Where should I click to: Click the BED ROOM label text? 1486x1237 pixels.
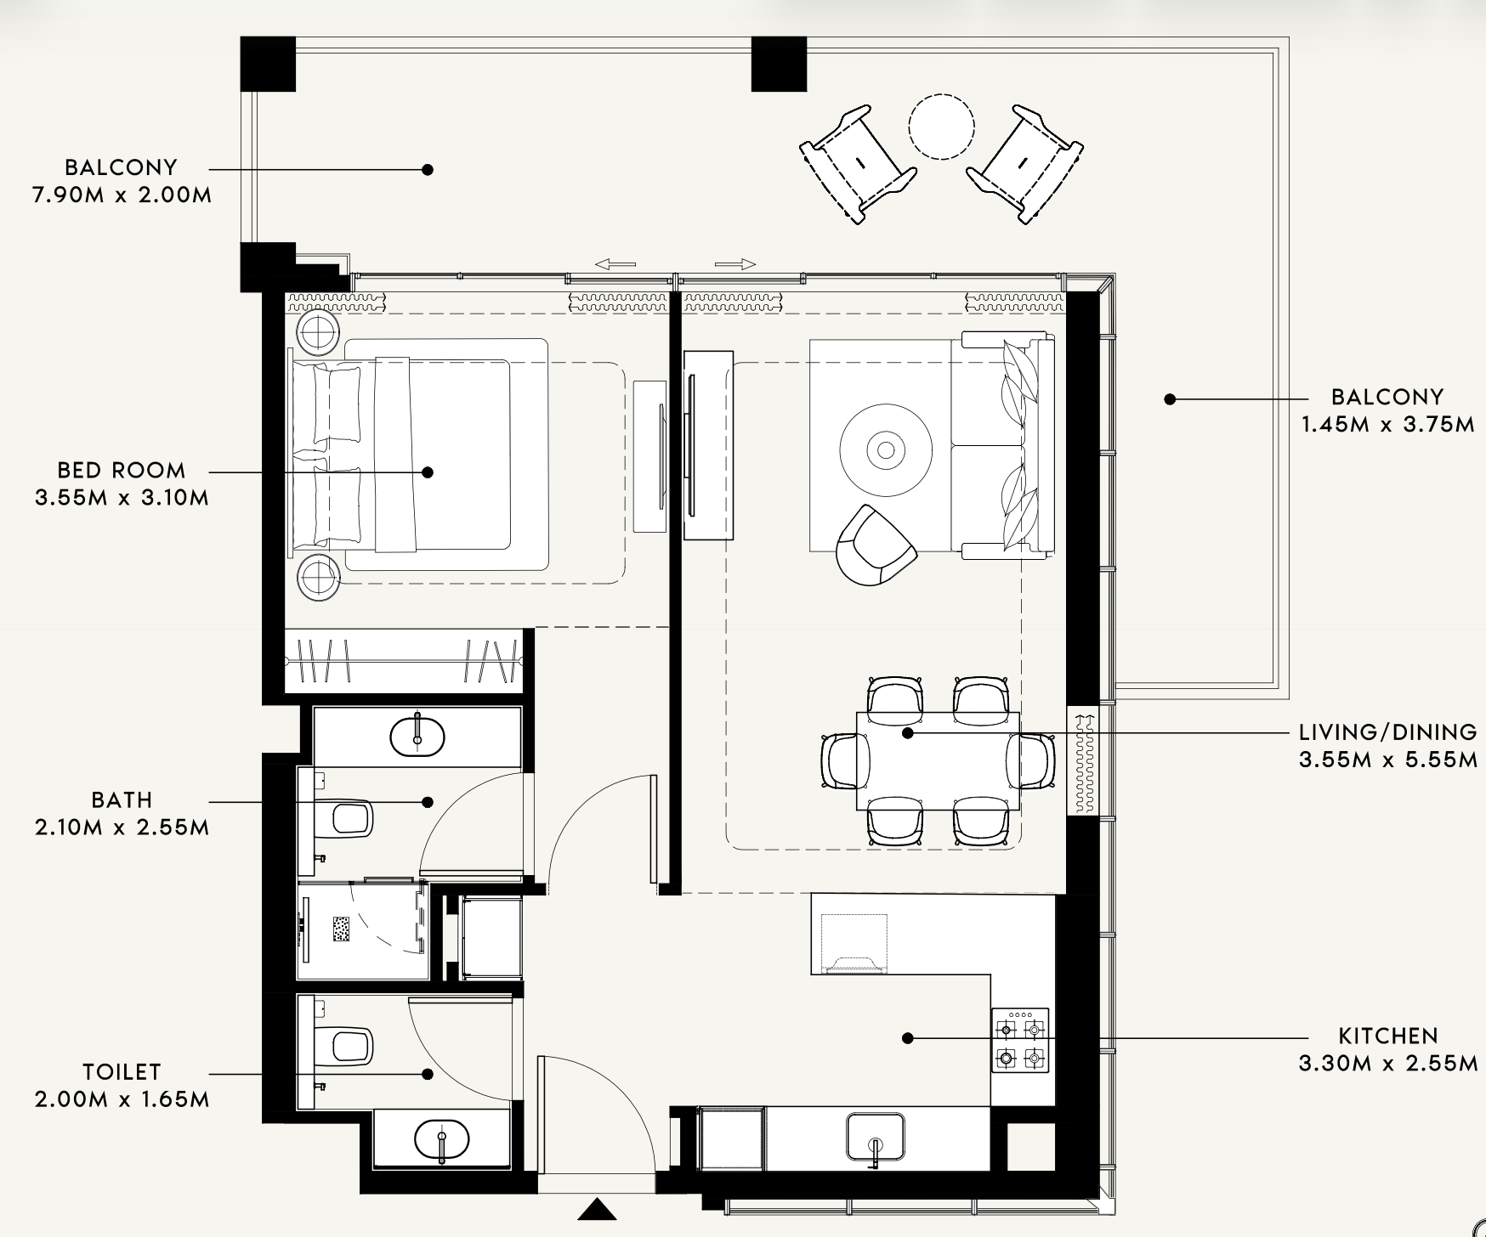pyautogui.click(x=122, y=470)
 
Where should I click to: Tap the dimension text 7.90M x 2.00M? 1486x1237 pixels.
pyautogui.click(x=122, y=195)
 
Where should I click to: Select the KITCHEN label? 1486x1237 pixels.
pyautogui.click(x=1388, y=1036)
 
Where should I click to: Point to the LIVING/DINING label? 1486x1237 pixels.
pyautogui.click(x=1388, y=731)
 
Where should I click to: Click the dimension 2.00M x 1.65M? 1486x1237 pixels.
pyautogui.click(x=122, y=1099)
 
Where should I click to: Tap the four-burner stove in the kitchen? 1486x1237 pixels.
pyautogui.click(x=1020, y=1040)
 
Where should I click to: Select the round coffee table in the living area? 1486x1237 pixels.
pyautogui.click(x=886, y=449)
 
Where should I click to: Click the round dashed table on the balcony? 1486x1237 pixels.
pyautogui.click(x=940, y=127)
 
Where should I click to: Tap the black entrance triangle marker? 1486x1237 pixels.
pyautogui.click(x=598, y=1209)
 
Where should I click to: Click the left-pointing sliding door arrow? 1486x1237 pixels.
pyautogui.click(x=615, y=264)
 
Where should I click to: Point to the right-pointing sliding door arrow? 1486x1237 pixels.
pyautogui.click(x=735, y=264)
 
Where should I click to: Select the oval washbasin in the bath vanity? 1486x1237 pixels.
pyautogui.click(x=417, y=737)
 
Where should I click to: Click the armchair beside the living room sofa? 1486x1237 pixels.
pyautogui.click(x=876, y=545)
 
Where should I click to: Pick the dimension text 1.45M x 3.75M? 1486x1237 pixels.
pyautogui.click(x=1388, y=424)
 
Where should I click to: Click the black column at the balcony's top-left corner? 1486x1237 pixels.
pyautogui.click(x=268, y=64)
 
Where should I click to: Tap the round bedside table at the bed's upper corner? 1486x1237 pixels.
pyautogui.click(x=319, y=329)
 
